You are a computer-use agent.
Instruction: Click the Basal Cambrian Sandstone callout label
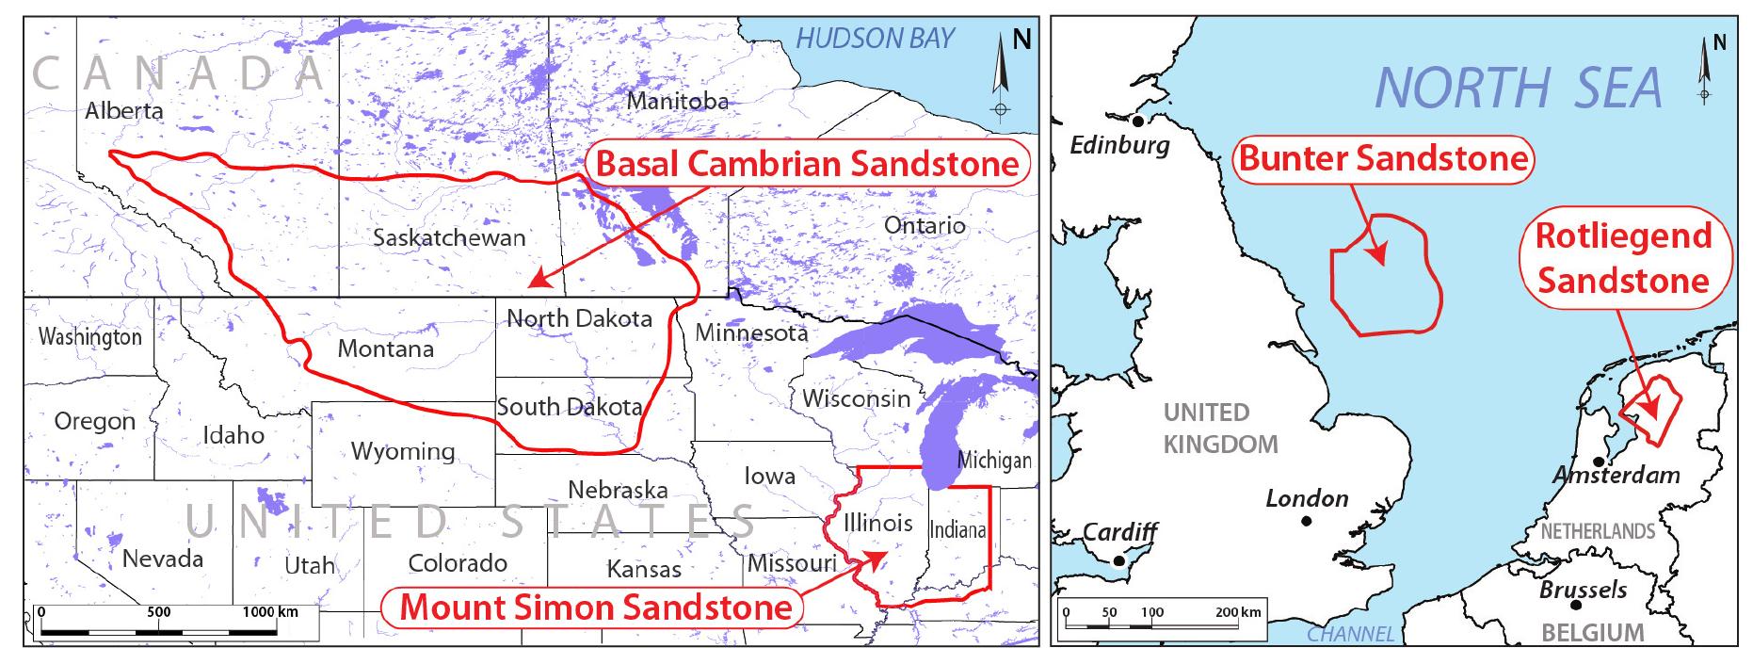(x=807, y=164)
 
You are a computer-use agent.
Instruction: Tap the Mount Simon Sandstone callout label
(x=595, y=607)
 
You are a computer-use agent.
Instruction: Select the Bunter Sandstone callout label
(x=1382, y=158)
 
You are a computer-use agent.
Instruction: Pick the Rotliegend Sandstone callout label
(x=1623, y=258)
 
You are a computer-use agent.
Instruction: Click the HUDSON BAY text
(x=875, y=39)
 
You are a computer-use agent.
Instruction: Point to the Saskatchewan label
(x=448, y=237)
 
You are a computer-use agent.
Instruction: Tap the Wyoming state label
(x=403, y=451)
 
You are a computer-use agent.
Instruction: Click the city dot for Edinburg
(x=1138, y=121)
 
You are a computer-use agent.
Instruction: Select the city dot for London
(x=1306, y=521)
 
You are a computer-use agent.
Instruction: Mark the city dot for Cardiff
(x=1118, y=561)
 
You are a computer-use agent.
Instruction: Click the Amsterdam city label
(x=1616, y=475)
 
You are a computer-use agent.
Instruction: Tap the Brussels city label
(x=1583, y=591)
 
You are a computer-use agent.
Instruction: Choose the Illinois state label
(x=877, y=523)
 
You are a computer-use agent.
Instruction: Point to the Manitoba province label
(x=677, y=101)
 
